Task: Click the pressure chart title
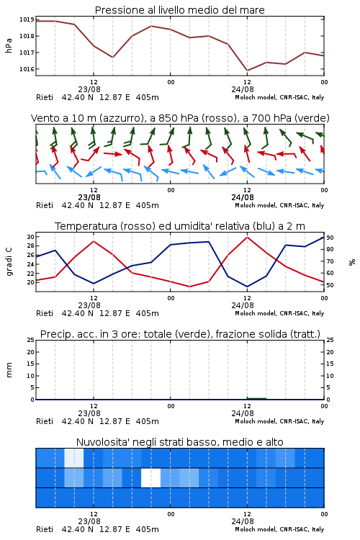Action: (x=179, y=10)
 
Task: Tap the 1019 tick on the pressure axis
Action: (x=27, y=19)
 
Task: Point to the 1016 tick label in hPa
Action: (x=27, y=69)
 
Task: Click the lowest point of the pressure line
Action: (x=247, y=71)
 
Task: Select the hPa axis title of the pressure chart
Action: (x=9, y=45)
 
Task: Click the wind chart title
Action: (x=180, y=118)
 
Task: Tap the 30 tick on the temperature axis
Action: (x=30, y=237)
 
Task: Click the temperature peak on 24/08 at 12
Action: (x=247, y=237)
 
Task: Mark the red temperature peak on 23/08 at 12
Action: (x=94, y=241)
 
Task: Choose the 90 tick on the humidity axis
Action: (x=330, y=238)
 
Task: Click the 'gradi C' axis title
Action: (x=9, y=262)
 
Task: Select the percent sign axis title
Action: (x=352, y=262)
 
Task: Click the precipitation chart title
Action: (x=180, y=334)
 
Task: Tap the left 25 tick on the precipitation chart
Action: (x=30, y=340)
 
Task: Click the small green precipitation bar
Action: (x=256, y=398)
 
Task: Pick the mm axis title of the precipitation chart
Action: (x=9, y=370)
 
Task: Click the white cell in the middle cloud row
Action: (x=151, y=477)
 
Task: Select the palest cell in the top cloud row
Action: (x=74, y=458)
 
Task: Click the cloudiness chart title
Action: (x=179, y=442)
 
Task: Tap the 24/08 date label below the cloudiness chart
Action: (x=243, y=521)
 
